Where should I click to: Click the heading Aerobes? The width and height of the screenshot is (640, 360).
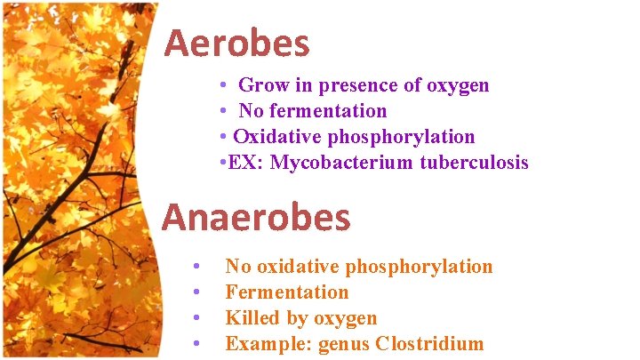click(236, 43)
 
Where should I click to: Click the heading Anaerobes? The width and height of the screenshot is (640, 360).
click(256, 217)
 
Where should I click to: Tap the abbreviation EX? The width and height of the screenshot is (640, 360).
click(245, 163)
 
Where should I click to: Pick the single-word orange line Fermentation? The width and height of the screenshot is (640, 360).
click(286, 292)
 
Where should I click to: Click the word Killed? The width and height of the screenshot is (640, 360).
click(252, 318)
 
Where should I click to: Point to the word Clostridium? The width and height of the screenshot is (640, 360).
click(430, 344)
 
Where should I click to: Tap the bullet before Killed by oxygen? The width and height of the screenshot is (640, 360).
click(196, 318)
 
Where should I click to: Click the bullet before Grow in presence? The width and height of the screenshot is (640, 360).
click(224, 86)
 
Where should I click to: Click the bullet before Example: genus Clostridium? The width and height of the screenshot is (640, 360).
click(196, 344)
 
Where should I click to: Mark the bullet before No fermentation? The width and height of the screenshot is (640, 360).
click(224, 112)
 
